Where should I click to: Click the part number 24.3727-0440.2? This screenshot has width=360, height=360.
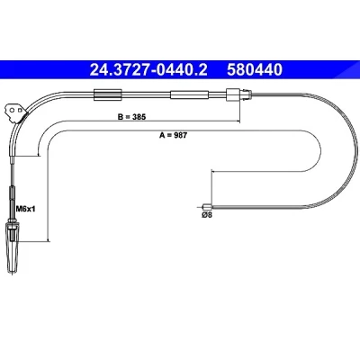pos(148,69)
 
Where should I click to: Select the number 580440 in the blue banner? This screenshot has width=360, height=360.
pos(255,69)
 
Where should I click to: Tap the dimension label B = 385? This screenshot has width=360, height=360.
pos(131,117)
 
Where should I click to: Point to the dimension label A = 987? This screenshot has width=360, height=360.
pos(173,135)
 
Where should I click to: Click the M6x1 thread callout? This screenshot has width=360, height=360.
pos(26,209)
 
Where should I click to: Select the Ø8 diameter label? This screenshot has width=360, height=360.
pos(207,215)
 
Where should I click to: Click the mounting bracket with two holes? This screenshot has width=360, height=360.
pos(15,112)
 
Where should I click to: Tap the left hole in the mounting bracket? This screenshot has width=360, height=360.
pos(12,110)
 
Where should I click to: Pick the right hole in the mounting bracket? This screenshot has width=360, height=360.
pos(20,110)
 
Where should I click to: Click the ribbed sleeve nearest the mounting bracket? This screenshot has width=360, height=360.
pos(108,94)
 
